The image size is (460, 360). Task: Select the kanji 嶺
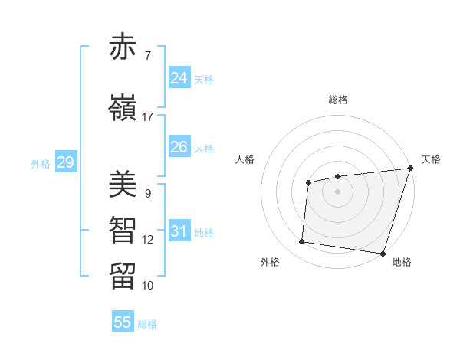pos(123,109)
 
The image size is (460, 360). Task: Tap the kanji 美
pos(123,185)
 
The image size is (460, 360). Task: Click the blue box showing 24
pos(179,78)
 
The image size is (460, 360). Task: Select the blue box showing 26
pos(179,147)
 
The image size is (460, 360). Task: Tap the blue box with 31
pos(179,231)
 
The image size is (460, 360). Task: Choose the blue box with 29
pos(65,162)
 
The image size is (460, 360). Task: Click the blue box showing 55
pos(123,322)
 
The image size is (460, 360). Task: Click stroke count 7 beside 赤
pos(147,56)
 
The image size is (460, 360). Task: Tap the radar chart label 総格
pos(337,100)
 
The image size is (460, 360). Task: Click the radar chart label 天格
pos(431,159)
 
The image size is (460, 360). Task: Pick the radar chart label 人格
pos(245,159)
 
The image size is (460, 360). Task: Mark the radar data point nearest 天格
pos(410,169)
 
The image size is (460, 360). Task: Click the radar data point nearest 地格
pos(383,253)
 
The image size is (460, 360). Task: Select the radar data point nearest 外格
pos(301,242)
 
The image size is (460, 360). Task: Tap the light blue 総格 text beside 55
pos(147,324)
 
